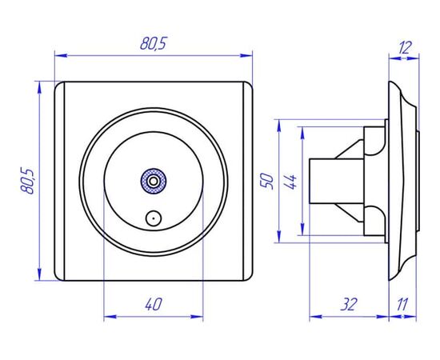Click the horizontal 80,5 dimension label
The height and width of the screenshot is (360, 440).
pyautogui.click(x=154, y=44)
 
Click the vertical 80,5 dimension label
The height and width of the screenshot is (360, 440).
pyautogui.click(x=27, y=181)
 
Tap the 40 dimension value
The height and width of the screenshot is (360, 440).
pyautogui.click(x=154, y=304)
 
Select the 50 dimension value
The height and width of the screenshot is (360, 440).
pyautogui.click(x=267, y=182)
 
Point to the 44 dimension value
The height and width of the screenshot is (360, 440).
pyautogui.click(x=290, y=182)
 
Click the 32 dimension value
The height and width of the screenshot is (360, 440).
pyautogui.click(x=349, y=305)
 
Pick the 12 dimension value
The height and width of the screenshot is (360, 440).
pyautogui.click(x=405, y=47)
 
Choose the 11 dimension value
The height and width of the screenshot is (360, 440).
pyautogui.click(x=402, y=305)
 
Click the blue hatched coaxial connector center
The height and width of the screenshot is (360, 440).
pyautogui.click(x=153, y=181)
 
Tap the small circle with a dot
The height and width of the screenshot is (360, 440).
pyautogui.click(x=154, y=218)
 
